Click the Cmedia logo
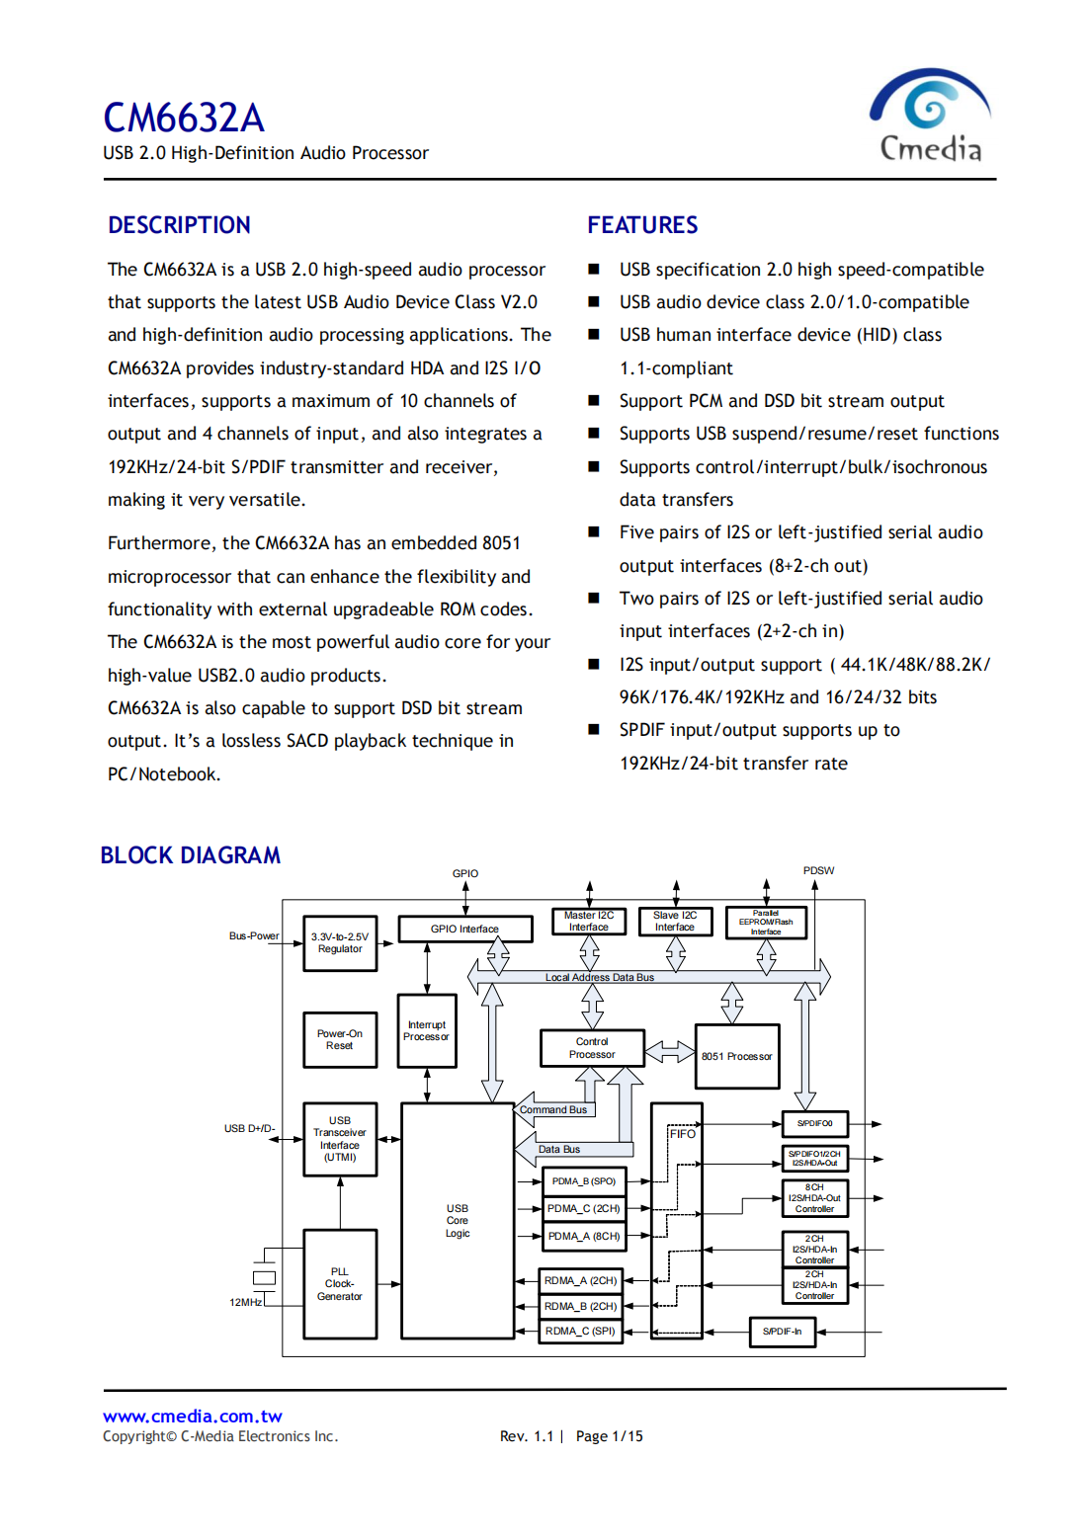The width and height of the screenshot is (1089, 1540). tap(930, 116)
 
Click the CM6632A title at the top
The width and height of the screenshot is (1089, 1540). tap(184, 119)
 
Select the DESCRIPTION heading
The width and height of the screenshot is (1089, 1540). tap(179, 225)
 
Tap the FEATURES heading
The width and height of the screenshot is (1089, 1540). tap(642, 225)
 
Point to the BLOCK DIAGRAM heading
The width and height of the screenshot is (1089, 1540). tap(191, 855)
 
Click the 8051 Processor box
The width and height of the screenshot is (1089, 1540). tap(737, 1056)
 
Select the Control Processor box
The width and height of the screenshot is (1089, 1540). tap(592, 1048)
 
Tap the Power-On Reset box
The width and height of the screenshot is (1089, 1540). tap(340, 1039)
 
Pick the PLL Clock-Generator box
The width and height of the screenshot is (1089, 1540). tap(340, 1283)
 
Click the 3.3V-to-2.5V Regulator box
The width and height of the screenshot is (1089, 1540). tap(340, 943)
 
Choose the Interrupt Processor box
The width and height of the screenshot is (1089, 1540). tap(427, 1030)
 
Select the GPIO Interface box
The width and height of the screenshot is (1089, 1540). tap(464, 929)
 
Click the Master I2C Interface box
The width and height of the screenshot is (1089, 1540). tap(589, 922)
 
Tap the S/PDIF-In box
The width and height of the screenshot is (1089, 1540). tap(782, 1332)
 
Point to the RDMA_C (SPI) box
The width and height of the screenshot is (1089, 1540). tap(580, 1332)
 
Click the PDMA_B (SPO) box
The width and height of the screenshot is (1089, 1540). tap(583, 1181)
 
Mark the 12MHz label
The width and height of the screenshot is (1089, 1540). tap(246, 1302)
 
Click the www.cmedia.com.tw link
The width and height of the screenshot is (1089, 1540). tap(193, 1417)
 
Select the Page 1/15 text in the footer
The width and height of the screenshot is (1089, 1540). tap(609, 1436)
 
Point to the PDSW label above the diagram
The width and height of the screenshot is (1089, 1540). tap(818, 871)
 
